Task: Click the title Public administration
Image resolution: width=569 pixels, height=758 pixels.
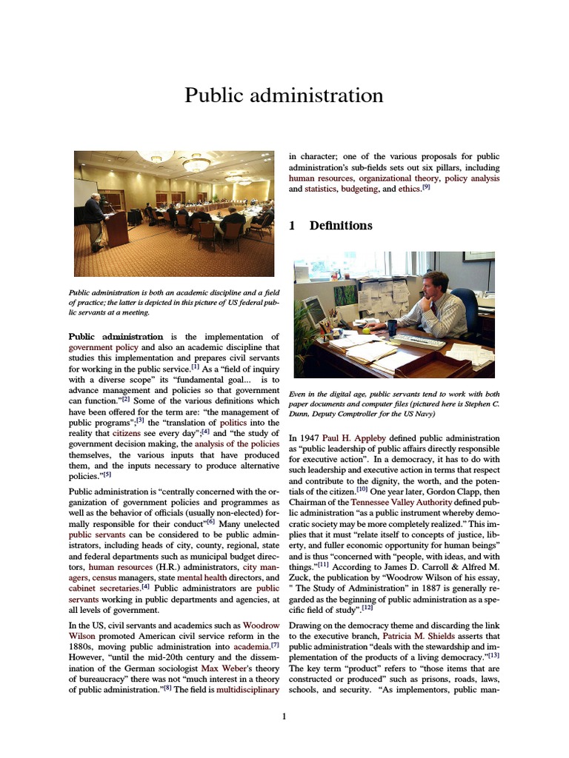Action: (x=284, y=95)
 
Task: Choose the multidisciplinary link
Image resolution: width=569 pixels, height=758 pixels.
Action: (x=247, y=690)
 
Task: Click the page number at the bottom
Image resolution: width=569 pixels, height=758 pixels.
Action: (x=284, y=716)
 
